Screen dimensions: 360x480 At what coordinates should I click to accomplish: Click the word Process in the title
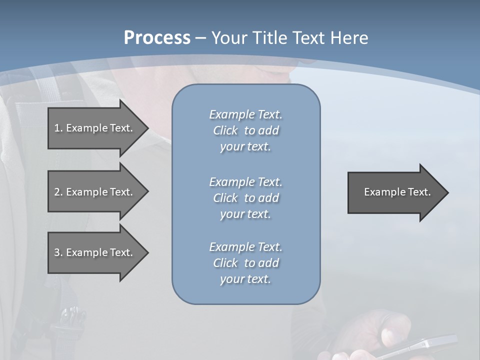pos(157,38)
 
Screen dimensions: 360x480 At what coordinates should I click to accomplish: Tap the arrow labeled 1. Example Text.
pos(93,128)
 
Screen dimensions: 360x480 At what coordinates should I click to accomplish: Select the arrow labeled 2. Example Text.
pos(93,192)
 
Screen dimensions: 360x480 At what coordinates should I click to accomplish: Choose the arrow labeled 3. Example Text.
pos(93,252)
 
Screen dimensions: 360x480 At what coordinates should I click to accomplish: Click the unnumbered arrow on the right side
pos(395,192)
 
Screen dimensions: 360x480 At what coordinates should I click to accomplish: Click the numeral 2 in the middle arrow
pos(57,192)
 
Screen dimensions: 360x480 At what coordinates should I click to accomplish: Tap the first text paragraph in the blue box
pos(245,130)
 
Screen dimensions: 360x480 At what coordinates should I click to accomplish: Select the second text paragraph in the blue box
pos(245,198)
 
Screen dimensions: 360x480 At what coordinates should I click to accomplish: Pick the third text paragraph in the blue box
pos(245,263)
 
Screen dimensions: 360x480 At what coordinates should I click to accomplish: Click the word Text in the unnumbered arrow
pos(419,192)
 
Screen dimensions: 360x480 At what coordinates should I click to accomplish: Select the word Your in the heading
pos(228,38)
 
